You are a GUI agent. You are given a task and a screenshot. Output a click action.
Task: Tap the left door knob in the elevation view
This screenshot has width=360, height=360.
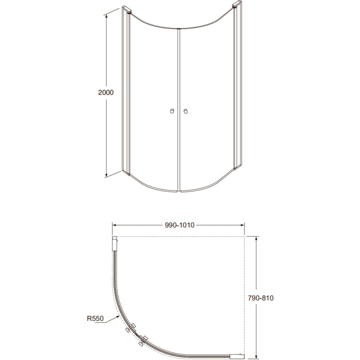tap(171, 112)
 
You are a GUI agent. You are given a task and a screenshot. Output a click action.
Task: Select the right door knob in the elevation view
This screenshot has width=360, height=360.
tap(185, 112)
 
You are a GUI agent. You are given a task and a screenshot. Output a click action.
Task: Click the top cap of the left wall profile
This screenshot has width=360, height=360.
tap(126, 10)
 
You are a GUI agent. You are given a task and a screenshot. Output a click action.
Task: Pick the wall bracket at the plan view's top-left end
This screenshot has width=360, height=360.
tap(115, 244)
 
